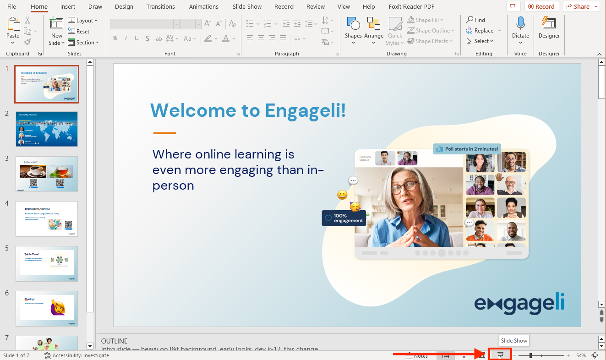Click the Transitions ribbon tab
point(160,7)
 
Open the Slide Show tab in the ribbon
point(247,7)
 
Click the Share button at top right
point(581,7)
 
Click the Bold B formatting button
point(115,38)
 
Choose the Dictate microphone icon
point(520,27)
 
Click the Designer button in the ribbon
point(549,27)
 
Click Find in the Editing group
point(476,20)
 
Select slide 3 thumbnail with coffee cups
point(47,174)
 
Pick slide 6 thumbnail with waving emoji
point(47,308)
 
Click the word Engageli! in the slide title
point(306,110)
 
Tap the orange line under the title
point(164,133)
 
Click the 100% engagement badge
point(344,218)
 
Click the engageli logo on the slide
point(519,304)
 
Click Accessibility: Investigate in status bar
point(76,355)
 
